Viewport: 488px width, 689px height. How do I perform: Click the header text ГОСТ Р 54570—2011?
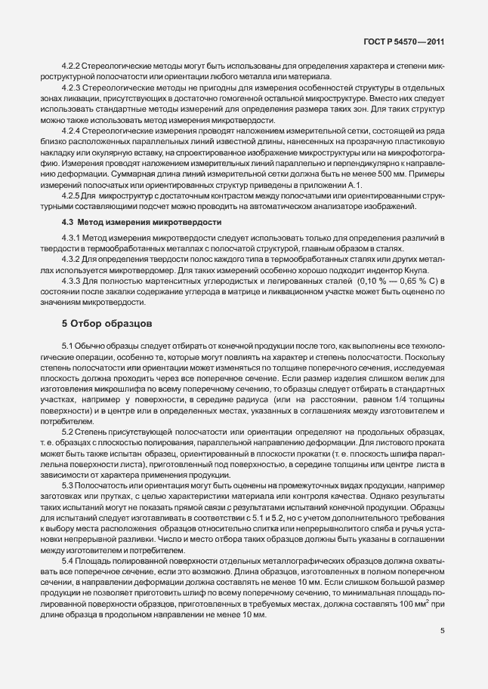tap(406, 44)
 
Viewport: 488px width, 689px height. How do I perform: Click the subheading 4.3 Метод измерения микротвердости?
tap(141, 222)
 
